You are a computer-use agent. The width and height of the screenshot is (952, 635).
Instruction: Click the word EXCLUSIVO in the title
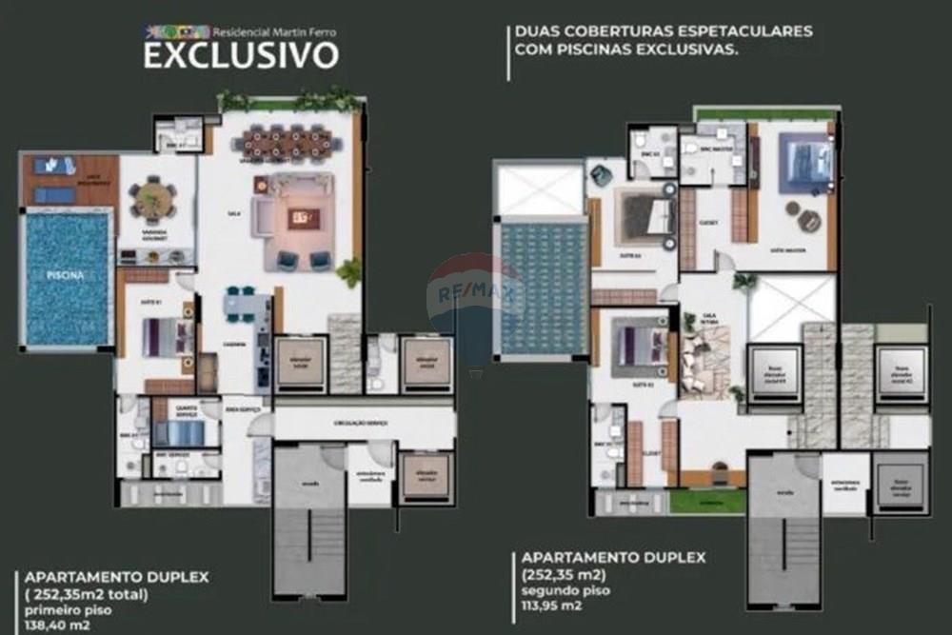coord(240,55)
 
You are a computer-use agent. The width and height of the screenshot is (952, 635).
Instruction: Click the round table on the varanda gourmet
coord(153,201)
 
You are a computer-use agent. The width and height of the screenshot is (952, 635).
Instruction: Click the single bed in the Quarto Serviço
coord(179,433)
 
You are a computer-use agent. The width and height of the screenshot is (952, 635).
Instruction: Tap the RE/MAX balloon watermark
coord(475,295)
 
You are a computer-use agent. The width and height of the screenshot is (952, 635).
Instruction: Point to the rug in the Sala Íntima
coord(706,363)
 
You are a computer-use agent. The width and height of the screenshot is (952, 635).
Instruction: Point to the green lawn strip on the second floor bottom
coord(706,501)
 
